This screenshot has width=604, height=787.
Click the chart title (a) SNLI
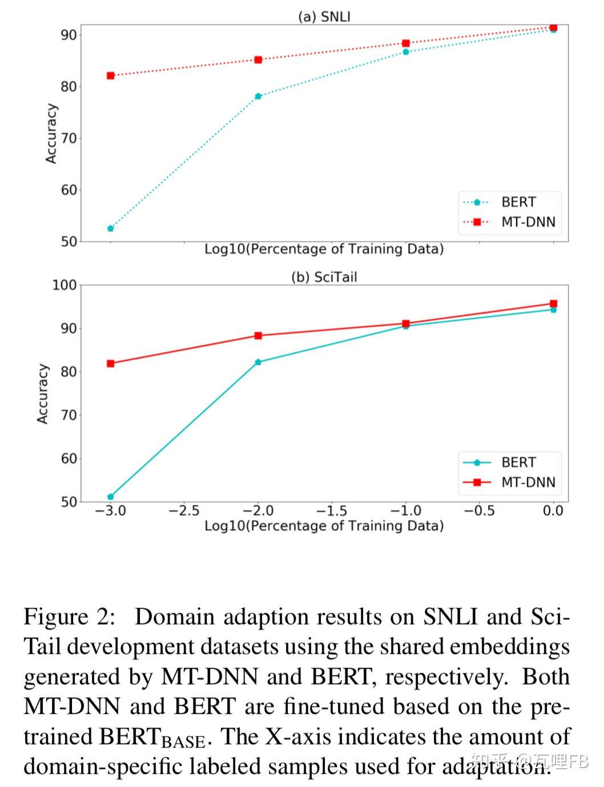324,16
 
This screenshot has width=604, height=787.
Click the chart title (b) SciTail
324,277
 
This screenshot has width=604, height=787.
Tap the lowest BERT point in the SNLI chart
111,228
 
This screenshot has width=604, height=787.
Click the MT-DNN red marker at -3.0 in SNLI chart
111,75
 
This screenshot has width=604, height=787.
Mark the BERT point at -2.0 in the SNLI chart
258,96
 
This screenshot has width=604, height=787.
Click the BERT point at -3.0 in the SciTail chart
111,497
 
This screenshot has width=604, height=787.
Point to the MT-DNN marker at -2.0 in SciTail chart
258,335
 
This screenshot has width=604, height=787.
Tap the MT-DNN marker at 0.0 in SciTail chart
553,304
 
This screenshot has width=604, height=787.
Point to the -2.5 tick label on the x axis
184,511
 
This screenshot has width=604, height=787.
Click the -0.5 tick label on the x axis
479,511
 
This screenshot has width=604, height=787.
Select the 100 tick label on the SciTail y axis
64,285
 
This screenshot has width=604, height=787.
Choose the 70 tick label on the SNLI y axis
69,138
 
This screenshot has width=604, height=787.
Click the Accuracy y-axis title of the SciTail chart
43,394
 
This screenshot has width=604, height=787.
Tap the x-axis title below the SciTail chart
324,525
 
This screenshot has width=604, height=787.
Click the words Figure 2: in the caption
69,617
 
